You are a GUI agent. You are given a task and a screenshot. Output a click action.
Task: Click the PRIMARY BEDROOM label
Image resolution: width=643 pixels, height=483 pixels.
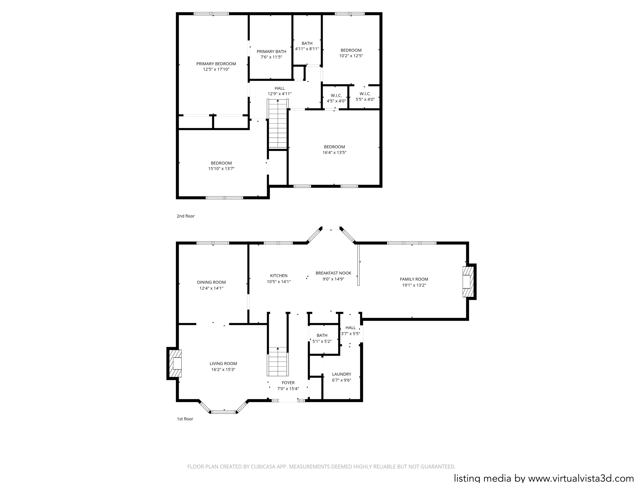click(216, 64)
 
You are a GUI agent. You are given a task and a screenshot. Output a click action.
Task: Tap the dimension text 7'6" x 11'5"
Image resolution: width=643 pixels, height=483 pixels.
click(271, 57)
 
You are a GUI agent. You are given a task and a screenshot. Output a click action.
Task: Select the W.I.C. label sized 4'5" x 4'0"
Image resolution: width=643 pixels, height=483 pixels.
click(336, 96)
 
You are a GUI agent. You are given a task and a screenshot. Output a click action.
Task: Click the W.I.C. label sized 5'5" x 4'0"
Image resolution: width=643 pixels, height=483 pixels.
click(365, 94)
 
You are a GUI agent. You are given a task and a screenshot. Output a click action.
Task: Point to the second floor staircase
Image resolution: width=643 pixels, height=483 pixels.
click(278, 124)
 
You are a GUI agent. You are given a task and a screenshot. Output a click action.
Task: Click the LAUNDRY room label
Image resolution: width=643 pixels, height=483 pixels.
click(342, 374)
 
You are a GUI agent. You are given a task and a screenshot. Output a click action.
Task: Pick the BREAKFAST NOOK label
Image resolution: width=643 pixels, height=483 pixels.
click(333, 273)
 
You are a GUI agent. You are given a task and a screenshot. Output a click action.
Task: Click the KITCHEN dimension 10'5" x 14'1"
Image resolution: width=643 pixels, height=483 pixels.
click(279, 282)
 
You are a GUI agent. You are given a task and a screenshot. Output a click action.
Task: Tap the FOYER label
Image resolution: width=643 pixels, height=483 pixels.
click(288, 383)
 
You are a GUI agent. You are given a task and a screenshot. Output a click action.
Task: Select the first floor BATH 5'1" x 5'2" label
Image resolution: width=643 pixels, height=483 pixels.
click(322, 336)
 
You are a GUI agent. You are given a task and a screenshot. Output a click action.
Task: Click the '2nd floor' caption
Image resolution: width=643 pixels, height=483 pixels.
click(186, 216)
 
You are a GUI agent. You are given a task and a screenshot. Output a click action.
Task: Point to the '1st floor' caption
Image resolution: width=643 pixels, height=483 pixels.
click(185, 419)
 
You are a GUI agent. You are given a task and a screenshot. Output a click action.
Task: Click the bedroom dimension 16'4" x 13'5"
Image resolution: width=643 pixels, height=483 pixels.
click(334, 153)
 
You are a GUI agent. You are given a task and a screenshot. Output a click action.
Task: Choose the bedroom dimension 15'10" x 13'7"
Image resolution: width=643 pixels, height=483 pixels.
click(221, 169)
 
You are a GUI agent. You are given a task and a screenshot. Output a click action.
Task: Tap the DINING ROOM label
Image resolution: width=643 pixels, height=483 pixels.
click(211, 282)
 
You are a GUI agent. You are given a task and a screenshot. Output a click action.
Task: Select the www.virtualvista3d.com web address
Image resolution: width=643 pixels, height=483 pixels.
click(581, 478)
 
